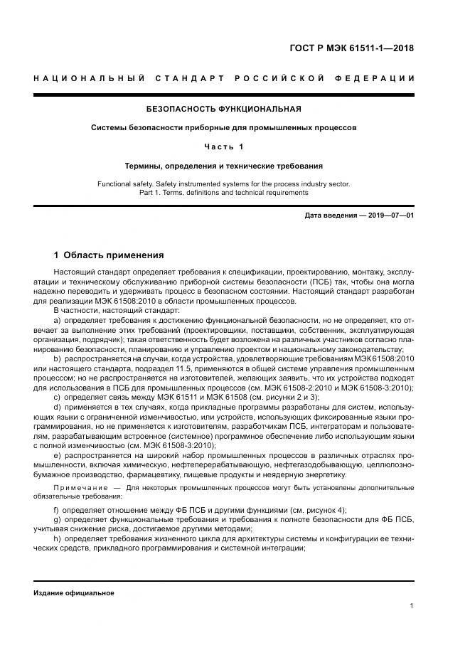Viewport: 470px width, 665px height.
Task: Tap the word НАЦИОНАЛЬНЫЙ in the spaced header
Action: click(88, 78)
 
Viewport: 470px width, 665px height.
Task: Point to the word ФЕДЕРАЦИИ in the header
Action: click(376, 78)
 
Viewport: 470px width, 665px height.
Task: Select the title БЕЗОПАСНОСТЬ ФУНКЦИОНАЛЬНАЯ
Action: click(223, 109)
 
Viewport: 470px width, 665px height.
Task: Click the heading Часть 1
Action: click(223, 147)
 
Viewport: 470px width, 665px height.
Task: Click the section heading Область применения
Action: click(113, 255)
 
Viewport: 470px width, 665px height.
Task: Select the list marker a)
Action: click(58, 321)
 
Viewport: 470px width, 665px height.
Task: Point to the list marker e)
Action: click(58, 454)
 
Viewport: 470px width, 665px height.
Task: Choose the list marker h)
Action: click(58, 538)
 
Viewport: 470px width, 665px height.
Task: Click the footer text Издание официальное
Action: click(74, 592)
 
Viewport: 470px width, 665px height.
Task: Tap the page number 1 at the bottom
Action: click(412, 605)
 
